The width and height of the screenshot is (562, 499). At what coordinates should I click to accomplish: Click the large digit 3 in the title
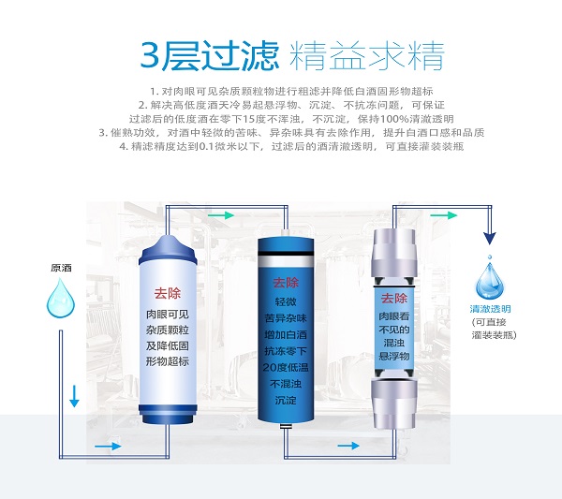150,55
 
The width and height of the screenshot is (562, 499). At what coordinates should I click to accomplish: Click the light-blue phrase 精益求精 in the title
367,56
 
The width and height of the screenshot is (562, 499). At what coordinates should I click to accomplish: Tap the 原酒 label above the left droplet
61,268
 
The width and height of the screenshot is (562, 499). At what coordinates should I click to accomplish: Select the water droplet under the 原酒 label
61,299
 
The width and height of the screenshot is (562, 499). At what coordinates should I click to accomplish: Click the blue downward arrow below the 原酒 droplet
74,396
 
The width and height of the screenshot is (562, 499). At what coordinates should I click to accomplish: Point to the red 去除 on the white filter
168,293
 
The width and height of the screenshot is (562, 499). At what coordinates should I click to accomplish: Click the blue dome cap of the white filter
168,250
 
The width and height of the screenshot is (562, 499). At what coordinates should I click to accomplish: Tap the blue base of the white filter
168,414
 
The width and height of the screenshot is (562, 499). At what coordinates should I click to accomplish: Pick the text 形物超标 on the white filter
168,361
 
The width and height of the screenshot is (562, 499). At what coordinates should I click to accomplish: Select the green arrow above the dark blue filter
221,215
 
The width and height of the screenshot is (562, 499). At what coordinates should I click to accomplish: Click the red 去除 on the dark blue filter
286,283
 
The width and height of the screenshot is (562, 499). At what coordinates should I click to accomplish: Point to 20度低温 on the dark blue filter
286,368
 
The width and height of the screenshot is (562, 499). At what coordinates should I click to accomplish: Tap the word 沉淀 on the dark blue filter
286,400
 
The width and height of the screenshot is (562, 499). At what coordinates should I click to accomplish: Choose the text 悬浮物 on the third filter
394,356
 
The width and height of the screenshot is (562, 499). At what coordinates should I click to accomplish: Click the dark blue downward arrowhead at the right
490,238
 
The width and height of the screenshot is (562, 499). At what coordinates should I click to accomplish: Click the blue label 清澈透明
490,309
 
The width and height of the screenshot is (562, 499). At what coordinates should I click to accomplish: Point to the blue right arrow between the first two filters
109,446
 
